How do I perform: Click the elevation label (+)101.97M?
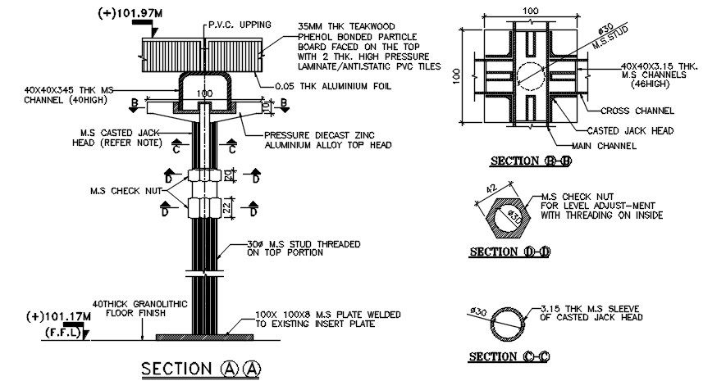pos(130,14)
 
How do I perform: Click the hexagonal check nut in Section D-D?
pos(509,219)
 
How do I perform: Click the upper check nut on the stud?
pos(203,176)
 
